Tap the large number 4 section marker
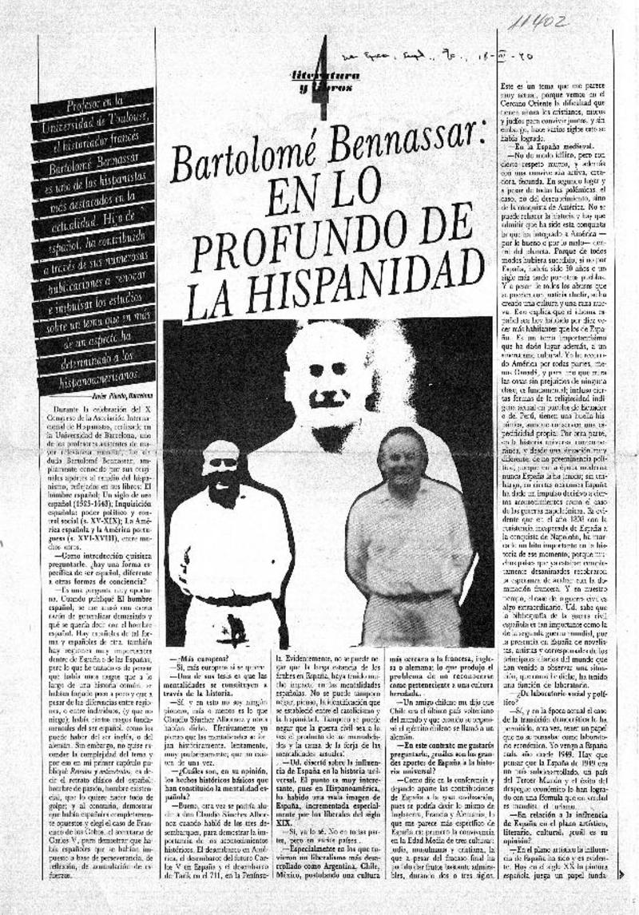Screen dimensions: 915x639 pos(322,76)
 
